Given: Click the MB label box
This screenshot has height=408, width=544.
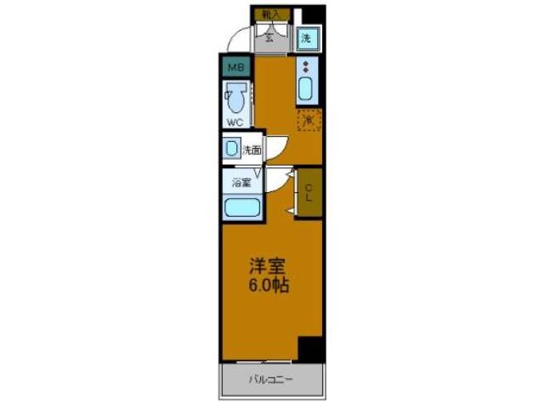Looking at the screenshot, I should (235, 65).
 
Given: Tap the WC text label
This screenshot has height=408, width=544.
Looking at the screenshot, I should (234, 122).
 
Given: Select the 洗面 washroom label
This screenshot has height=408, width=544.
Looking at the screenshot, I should (252, 150).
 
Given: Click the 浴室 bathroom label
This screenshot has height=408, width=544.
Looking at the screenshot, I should (241, 181).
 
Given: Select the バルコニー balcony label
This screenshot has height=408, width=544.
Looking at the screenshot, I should (271, 379).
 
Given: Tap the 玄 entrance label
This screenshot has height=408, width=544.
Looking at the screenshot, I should (270, 36).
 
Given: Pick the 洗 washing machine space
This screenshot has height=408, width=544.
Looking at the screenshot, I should (307, 37).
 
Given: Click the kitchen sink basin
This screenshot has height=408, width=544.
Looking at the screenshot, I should (307, 88).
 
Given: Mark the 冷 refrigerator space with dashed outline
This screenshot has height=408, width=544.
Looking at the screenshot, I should (309, 120).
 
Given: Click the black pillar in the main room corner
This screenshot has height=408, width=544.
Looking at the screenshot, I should (311, 348).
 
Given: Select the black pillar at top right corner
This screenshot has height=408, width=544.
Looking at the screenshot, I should (314, 14).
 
